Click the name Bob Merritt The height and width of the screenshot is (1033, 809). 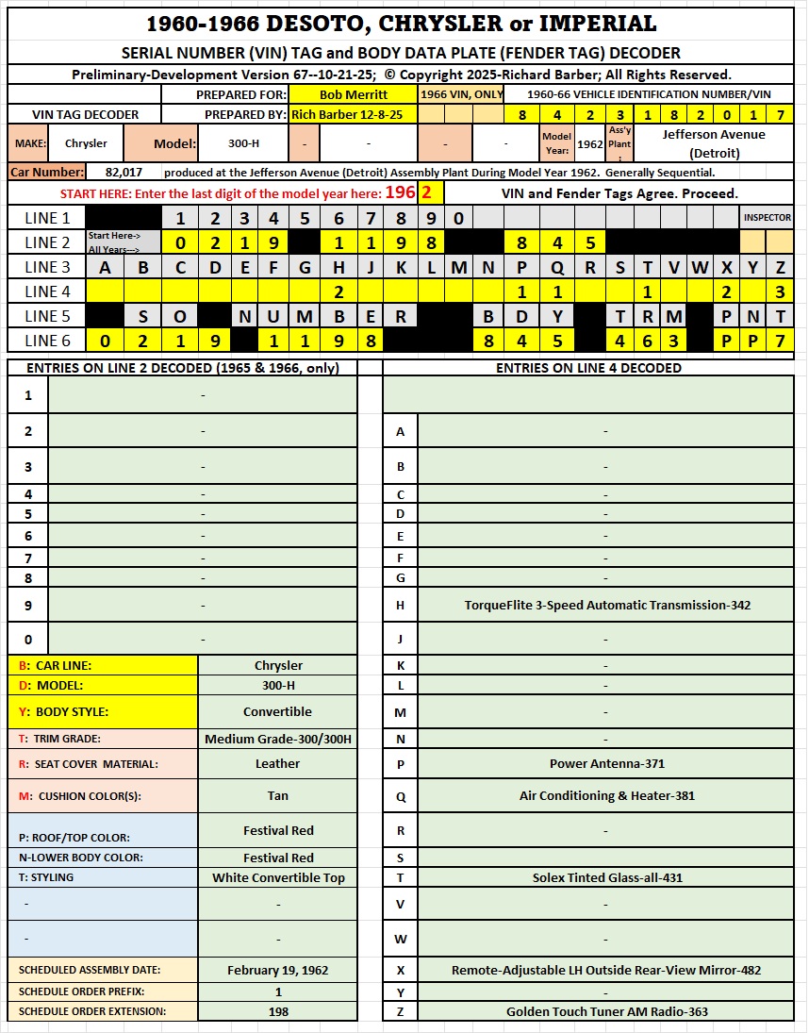pos(353,94)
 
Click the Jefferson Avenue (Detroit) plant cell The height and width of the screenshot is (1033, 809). pos(714,143)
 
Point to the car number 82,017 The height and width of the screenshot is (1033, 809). pos(124,173)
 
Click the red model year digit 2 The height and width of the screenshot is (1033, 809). pos(426,192)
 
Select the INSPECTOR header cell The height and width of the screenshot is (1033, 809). pos(768,218)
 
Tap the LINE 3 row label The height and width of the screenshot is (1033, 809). pos(47,267)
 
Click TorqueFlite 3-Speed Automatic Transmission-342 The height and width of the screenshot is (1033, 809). pos(607,605)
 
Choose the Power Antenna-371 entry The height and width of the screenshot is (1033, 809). pos(606,764)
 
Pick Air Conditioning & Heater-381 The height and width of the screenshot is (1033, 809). pos(606,795)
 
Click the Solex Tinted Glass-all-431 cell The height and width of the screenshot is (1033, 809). pos(606,877)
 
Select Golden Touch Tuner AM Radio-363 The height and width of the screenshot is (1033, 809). pos(606,1011)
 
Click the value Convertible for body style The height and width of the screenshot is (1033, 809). pos(277,711)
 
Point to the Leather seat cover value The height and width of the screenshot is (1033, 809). pos(277,763)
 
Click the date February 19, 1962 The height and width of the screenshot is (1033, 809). pos(277,970)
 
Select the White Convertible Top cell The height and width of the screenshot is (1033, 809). pos(277,877)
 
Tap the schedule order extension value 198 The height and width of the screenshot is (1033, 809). pos(277,1011)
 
